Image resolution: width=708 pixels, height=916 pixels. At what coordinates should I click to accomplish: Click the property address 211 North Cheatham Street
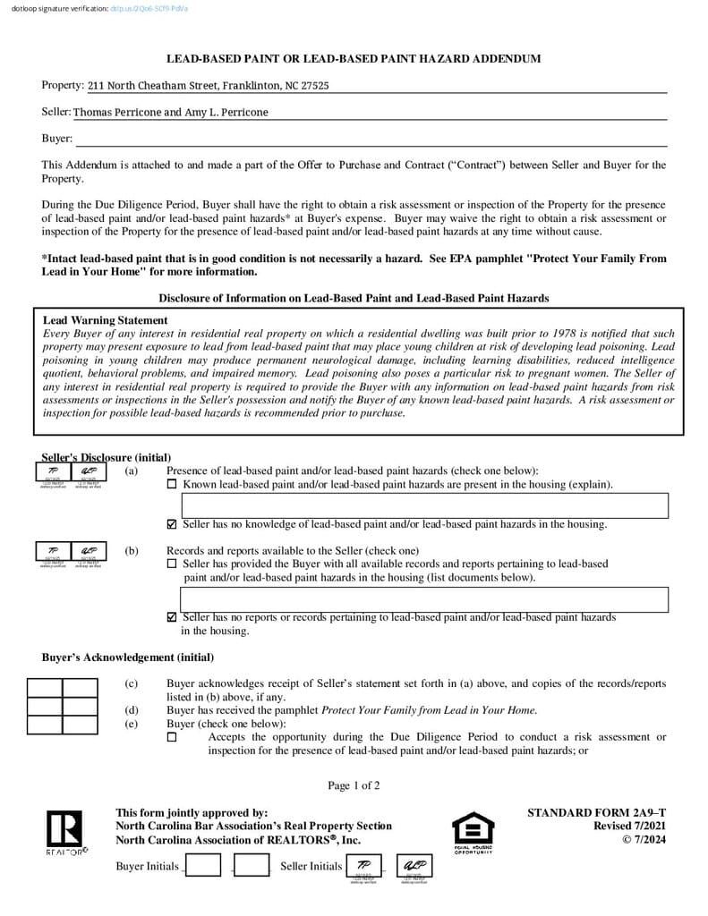point(208,86)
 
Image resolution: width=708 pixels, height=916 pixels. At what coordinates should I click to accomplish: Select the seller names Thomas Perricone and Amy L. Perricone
point(170,113)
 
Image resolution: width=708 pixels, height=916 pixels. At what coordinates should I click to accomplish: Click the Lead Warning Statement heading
point(105,320)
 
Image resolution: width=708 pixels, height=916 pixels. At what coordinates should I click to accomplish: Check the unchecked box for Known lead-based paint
point(172,485)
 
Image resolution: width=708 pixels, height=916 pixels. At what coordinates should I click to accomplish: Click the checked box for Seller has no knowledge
point(172,525)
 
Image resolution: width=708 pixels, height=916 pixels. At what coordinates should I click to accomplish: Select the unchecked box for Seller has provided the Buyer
point(172,564)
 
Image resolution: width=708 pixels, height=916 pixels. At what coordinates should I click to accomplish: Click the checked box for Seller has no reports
point(172,617)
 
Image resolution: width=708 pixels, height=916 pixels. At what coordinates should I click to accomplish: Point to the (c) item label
point(131,684)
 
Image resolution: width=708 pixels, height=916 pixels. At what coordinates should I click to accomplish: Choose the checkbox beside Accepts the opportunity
point(172,738)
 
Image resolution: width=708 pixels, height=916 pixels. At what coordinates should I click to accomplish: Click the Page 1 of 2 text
point(354,786)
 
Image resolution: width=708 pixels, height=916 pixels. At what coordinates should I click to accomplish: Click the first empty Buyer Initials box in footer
point(203,865)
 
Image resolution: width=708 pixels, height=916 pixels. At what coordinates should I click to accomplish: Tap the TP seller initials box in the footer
point(364,865)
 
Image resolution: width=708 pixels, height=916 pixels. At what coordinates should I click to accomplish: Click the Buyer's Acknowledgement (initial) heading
point(128,657)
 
